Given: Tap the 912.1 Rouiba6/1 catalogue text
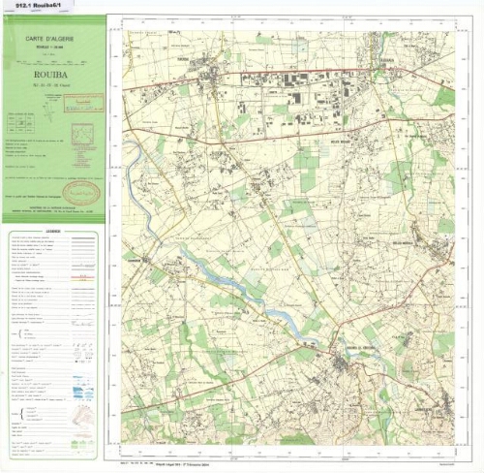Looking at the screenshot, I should coord(32,5).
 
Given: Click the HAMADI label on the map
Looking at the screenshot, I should coord(135,259).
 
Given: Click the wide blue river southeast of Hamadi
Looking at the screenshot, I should coord(232,291).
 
